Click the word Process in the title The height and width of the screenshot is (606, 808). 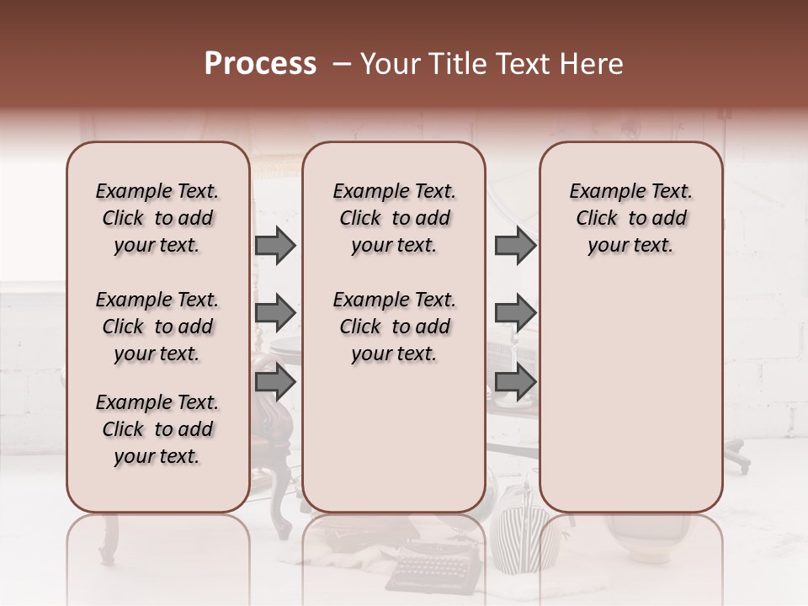click(260, 64)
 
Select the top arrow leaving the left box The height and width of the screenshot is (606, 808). click(275, 245)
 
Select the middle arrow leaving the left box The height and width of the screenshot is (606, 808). click(275, 313)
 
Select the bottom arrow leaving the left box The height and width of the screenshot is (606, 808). click(275, 382)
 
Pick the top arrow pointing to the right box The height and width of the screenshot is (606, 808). click(515, 245)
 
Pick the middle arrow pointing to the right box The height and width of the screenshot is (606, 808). click(515, 313)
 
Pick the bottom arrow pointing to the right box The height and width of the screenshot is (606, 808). click(515, 382)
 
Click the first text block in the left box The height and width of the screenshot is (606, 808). click(157, 218)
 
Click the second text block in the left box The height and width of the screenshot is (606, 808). click(157, 327)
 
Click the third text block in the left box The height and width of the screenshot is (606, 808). click(157, 429)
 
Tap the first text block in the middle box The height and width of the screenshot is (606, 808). click(394, 218)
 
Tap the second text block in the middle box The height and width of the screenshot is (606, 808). click(394, 327)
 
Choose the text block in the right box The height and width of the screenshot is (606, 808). click(631, 218)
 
